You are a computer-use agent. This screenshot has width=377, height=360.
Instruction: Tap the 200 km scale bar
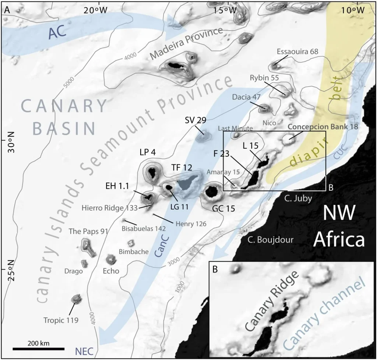pyautogui.click(x=39, y=348)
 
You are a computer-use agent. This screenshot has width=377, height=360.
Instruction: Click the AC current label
pyautogui.click(x=57, y=32)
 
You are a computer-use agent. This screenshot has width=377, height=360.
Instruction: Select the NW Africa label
pyautogui.click(x=339, y=227)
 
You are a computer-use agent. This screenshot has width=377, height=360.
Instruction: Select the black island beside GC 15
pyautogui.click(x=212, y=191)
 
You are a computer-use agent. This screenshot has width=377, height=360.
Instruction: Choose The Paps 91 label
pyautogui.click(x=88, y=232)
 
